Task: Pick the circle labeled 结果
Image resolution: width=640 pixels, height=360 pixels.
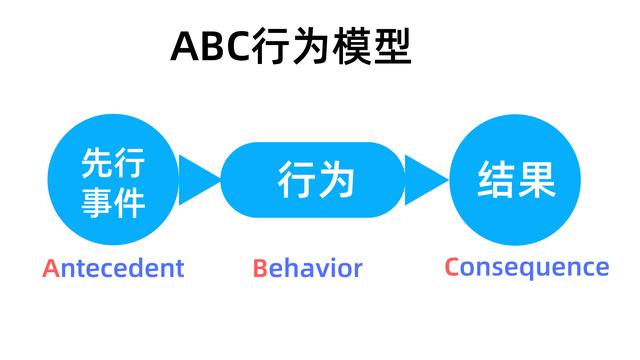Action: pos(515,181)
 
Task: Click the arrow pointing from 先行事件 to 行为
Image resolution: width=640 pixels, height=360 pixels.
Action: pos(200,181)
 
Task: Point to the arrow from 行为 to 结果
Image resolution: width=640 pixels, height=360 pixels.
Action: pos(425,181)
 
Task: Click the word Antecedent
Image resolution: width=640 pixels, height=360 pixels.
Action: pos(113,268)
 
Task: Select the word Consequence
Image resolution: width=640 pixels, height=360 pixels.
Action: pos(526,267)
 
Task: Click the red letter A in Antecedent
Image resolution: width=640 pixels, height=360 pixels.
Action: pos(51,268)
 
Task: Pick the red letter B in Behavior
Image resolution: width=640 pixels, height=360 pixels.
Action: pos(259,268)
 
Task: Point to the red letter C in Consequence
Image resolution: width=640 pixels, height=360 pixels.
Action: pos(452,267)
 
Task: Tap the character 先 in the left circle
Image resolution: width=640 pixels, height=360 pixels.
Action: pos(96,161)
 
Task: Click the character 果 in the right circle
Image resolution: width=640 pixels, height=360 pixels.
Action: pos(536,181)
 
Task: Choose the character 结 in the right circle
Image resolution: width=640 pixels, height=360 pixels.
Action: pos(495,181)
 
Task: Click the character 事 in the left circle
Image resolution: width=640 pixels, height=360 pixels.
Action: pos(96,203)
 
